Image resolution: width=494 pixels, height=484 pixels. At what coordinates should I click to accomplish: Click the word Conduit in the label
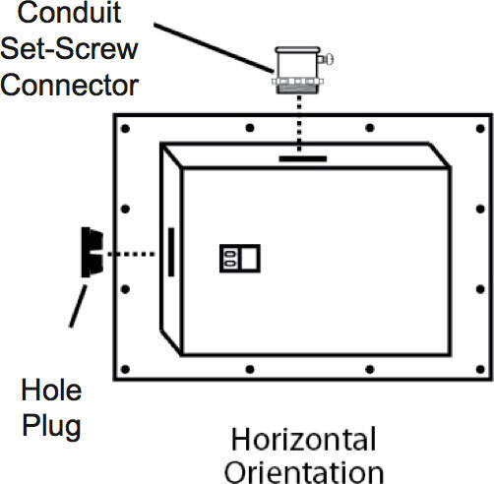point(69,13)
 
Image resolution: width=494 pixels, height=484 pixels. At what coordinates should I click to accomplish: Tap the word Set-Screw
point(69,49)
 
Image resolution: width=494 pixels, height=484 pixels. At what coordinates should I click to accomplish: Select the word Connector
point(70,86)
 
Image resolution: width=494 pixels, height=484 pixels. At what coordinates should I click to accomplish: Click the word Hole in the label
point(51,390)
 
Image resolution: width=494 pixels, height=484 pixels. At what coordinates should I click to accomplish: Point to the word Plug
point(51,426)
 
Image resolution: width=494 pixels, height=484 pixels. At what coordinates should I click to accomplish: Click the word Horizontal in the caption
point(304,440)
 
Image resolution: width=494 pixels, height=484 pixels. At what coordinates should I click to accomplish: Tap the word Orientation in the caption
point(304,472)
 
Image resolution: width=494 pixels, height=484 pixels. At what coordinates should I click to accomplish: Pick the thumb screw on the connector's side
point(326,59)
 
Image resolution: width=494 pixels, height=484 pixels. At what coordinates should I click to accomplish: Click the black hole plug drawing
point(93,252)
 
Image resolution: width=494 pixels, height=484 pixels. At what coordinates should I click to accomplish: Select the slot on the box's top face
point(303,159)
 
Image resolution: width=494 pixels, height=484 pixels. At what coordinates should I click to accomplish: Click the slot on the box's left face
point(171,252)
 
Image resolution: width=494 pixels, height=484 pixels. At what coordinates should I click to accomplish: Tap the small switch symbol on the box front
point(240,259)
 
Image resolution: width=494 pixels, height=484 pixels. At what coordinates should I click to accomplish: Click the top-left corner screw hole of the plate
point(125,129)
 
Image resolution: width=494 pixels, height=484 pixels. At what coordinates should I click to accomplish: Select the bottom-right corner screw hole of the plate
point(480,370)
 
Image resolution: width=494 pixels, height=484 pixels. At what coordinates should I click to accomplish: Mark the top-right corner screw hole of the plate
point(480,129)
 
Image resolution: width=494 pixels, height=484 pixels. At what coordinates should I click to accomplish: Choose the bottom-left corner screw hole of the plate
point(125,370)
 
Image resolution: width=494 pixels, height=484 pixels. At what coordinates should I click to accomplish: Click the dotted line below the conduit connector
point(299,124)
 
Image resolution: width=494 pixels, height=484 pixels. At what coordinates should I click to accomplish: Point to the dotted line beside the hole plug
point(131,254)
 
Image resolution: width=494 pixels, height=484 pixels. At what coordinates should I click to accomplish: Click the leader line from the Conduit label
point(214,48)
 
